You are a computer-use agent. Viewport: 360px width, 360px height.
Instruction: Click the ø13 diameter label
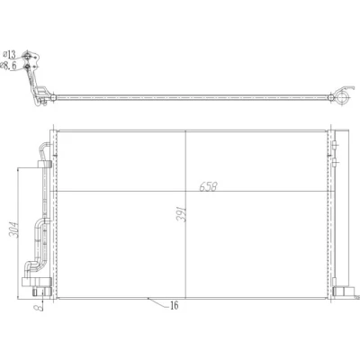coord(9,55)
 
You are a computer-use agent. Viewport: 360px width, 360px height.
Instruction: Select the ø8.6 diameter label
coord(9,66)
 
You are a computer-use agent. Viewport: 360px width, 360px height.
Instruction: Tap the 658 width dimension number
coord(208,186)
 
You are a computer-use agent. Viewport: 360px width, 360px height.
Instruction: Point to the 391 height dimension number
coord(182,214)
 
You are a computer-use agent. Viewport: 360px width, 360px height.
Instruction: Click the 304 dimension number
coord(13,229)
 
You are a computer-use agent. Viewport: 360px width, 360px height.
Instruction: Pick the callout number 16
coord(174,305)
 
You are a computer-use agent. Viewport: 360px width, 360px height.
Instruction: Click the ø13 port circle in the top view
coord(27,55)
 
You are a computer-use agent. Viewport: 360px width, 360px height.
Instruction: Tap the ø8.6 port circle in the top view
coord(27,67)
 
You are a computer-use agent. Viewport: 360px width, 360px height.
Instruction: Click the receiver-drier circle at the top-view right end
coord(342,97)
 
